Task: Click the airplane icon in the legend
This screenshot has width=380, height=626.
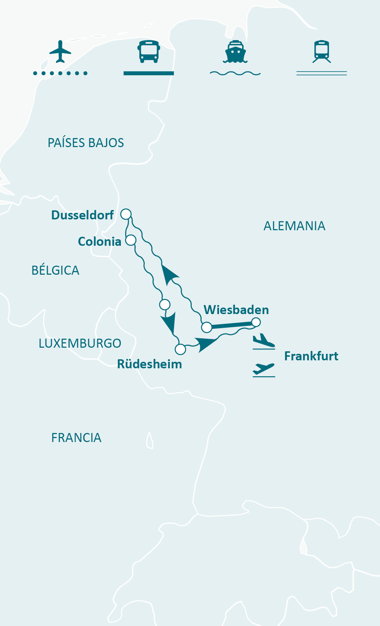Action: pos(60,52)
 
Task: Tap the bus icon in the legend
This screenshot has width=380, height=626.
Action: pos(148,52)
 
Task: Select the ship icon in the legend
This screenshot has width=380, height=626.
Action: pos(235,52)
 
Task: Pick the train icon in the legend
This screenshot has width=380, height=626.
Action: pos(322,52)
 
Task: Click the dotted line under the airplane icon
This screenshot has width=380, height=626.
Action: pos(60,73)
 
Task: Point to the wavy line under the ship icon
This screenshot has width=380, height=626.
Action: pos(235,73)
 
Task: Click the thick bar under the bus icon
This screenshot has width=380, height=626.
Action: pos(148,73)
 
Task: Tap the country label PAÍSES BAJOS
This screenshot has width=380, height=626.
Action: pos(86,143)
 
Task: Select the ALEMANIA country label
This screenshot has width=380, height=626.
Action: pos(294,226)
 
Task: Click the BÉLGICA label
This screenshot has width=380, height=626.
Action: pos(55,270)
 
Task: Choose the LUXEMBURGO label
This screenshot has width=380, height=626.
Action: pos(80,343)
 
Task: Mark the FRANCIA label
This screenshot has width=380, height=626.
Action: pos(76,438)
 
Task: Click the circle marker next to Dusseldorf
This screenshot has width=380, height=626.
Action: pos(126,214)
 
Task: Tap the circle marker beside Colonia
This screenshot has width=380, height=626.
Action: pos(131,240)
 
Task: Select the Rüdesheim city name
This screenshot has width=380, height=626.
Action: pos(149,364)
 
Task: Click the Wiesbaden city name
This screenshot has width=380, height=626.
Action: pos(236,310)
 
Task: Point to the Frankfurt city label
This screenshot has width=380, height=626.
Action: pos(311,356)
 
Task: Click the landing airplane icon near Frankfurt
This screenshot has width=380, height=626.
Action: pos(263,341)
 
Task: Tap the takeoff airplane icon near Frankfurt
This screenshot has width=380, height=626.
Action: pos(263,369)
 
